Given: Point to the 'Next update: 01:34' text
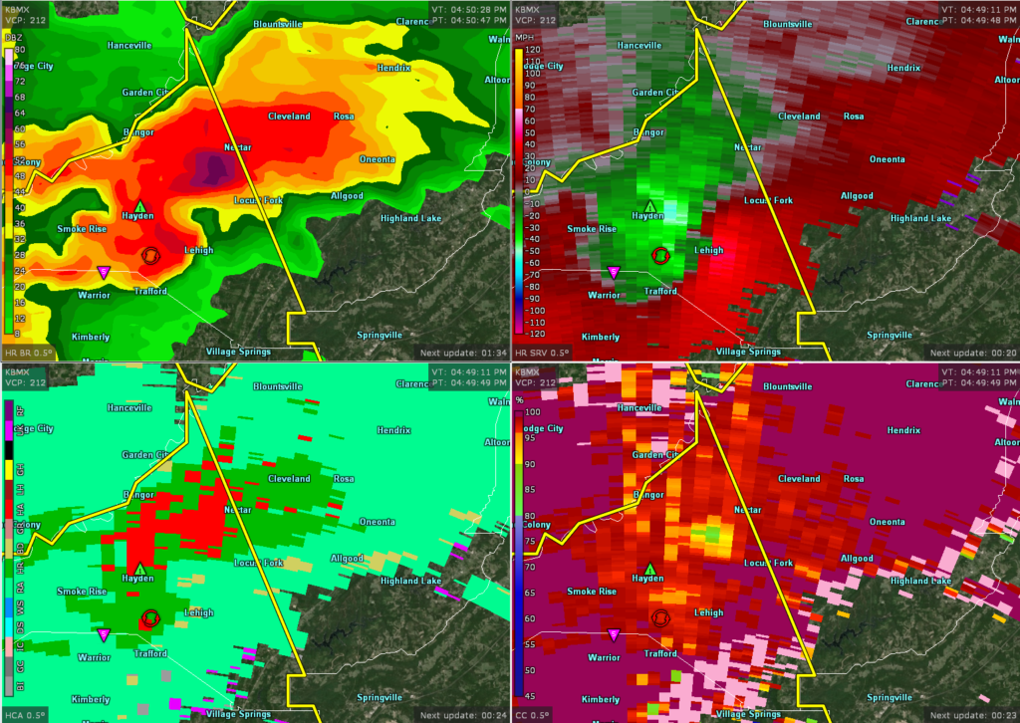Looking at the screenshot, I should point(463,353).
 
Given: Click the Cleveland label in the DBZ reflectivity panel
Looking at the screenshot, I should point(291,117).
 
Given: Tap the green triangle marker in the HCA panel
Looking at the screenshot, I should point(139,568).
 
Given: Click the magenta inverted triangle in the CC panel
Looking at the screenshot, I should point(613,634).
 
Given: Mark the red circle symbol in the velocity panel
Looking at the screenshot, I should point(659,255).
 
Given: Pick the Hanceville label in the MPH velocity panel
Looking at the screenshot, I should point(639,45).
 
